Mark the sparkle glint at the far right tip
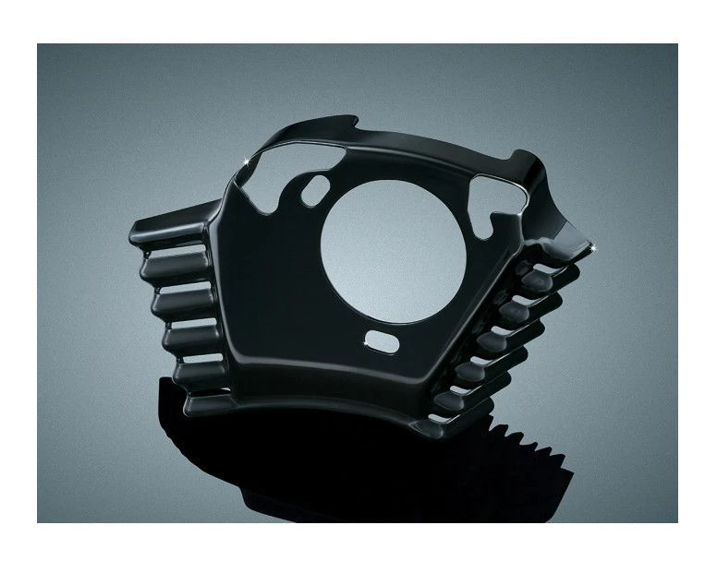coord(591,246)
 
